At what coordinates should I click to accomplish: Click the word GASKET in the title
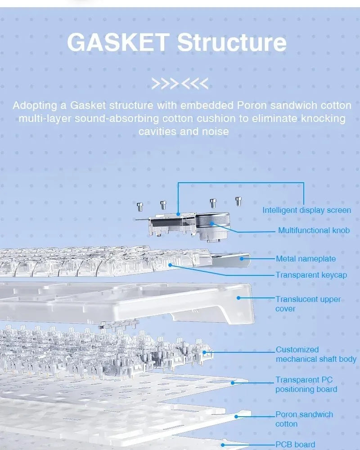(x=118, y=42)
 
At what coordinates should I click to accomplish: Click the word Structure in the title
(x=232, y=42)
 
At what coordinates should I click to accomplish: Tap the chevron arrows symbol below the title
(x=180, y=84)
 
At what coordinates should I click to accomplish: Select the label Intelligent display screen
(x=306, y=210)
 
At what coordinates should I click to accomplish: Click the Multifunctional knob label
(x=314, y=230)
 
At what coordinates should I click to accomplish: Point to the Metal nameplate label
(x=306, y=259)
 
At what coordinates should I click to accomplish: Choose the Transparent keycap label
(x=311, y=275)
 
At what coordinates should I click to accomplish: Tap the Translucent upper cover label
(x=308, y=304)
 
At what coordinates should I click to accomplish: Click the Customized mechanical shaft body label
(x=316, y=354)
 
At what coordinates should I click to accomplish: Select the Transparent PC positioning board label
(x=306, y=384)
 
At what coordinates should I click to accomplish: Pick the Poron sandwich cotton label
(x=304, y=419)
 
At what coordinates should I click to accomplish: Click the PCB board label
(x=295, y=445)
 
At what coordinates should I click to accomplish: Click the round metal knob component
(x=212, y=223)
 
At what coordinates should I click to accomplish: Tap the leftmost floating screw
(x=140, y=207)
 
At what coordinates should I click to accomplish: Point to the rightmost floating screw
(x=238, y=201)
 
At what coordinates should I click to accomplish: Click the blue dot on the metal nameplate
(x=242, y=259)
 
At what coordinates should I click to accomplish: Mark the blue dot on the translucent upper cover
(x=238, y=298)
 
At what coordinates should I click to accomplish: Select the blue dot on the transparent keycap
(x=170, y=265)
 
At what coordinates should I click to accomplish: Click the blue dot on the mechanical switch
(x=204, y=352)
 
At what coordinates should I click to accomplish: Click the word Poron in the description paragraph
(x=252, y=105)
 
